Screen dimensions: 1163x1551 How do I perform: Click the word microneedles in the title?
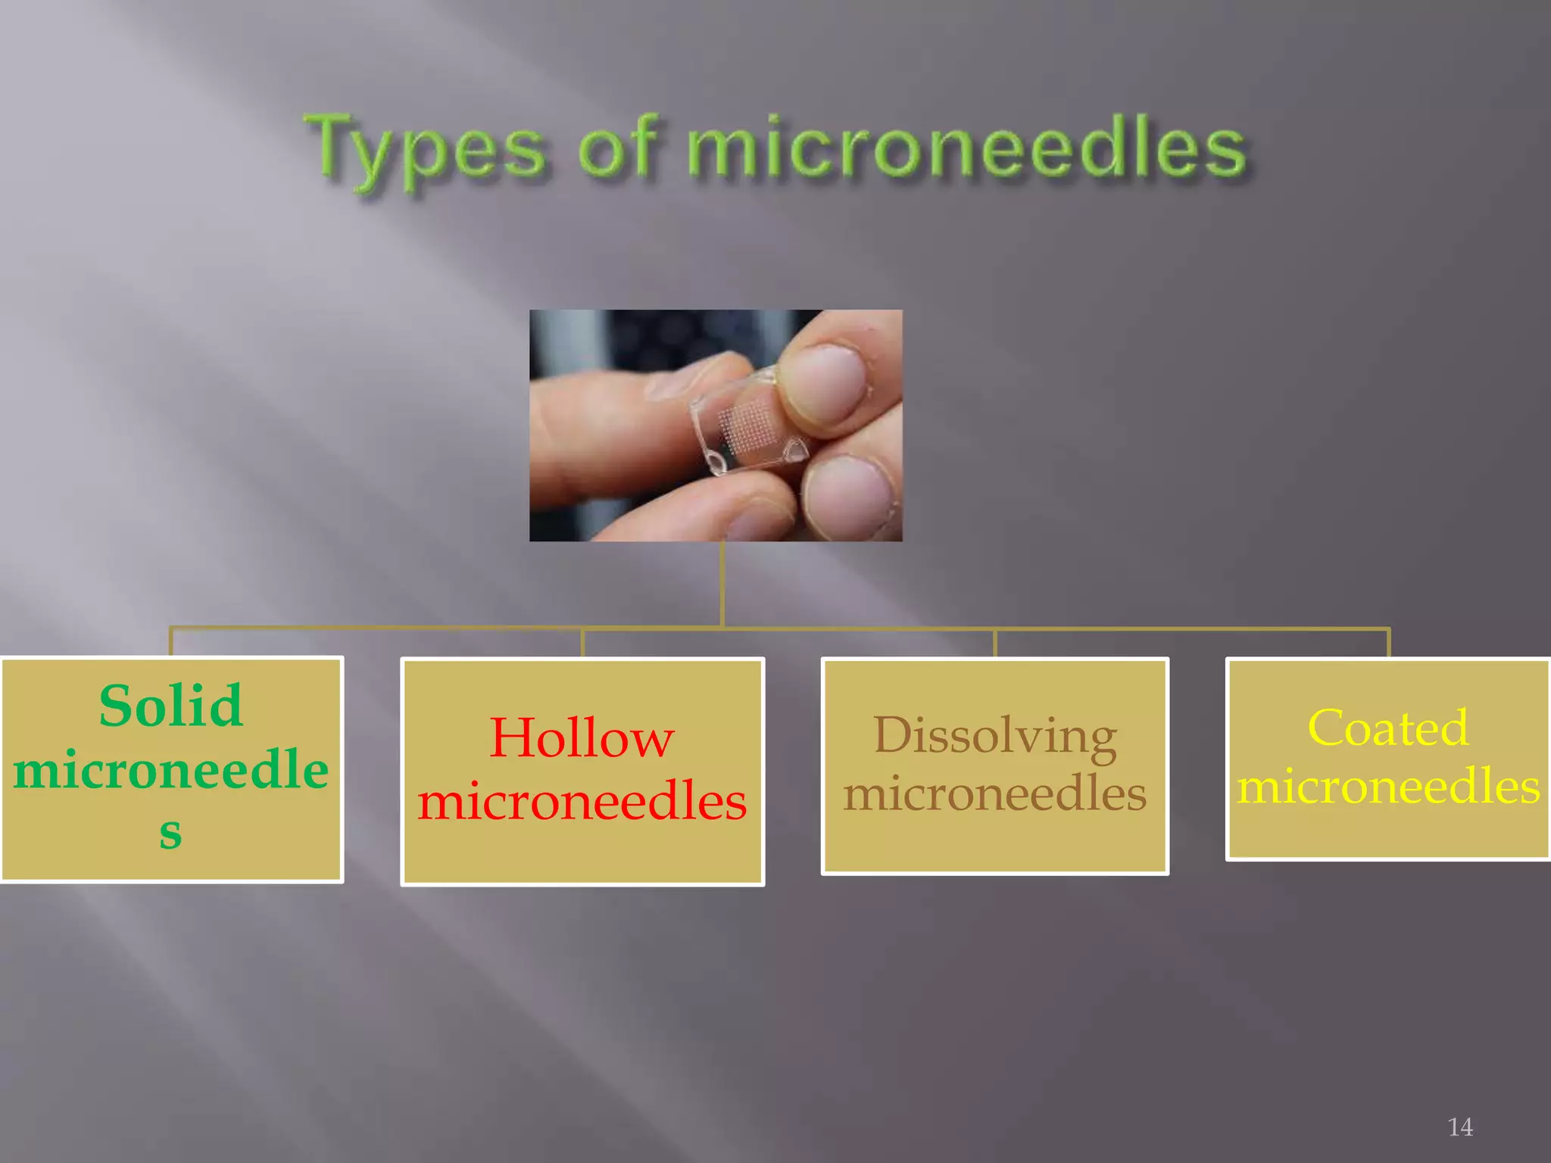(x=966, y=148)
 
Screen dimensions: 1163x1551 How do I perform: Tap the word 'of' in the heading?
(x=617, y=148)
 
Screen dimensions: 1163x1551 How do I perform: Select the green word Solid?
(x=171, y=706)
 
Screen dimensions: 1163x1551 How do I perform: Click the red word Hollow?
(x=582, y=737)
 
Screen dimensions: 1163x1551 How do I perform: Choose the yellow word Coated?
(x=1388, y=728)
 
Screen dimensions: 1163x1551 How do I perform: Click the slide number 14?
(x=1459, y=1127)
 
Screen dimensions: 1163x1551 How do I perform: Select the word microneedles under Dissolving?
(x=994, y=794)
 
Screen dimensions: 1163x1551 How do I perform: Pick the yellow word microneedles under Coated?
(x=1388, y=786)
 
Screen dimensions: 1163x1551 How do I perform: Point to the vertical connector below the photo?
(x=722, y=583)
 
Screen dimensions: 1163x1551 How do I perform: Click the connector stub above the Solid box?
(x=171, y=642)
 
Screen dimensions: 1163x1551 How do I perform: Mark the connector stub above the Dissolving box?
(x=994, y=643)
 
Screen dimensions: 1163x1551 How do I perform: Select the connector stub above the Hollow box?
(x=582, y=643)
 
